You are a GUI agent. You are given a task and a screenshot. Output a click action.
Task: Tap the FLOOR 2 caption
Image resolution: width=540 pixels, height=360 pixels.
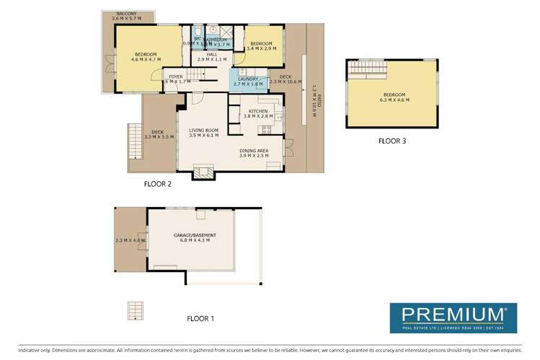[x=159, y=183]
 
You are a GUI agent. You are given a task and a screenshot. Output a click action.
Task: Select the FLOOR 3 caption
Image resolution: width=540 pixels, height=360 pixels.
[x=392, y=141]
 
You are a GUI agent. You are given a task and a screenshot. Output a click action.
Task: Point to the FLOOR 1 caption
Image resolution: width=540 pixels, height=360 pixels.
[x=200, y=318]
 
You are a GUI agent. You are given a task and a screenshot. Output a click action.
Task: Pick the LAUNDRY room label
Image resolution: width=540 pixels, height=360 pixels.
[x=247, y=79]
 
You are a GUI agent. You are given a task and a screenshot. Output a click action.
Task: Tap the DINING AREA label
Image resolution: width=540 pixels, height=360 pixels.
[x=254, y=150]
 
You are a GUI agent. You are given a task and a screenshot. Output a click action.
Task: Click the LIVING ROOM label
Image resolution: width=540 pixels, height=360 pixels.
[x=202, y=130]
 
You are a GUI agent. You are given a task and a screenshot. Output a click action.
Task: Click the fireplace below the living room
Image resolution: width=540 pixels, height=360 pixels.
[x=203, y=172]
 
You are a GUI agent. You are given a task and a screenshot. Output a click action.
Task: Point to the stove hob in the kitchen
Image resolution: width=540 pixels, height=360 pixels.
[x=266, y=129]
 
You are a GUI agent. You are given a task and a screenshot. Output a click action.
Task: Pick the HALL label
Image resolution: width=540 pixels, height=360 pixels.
[x=212, y=54]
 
